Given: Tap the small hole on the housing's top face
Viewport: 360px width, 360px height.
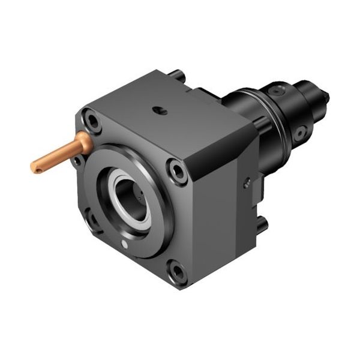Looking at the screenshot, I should pos(158,110).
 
